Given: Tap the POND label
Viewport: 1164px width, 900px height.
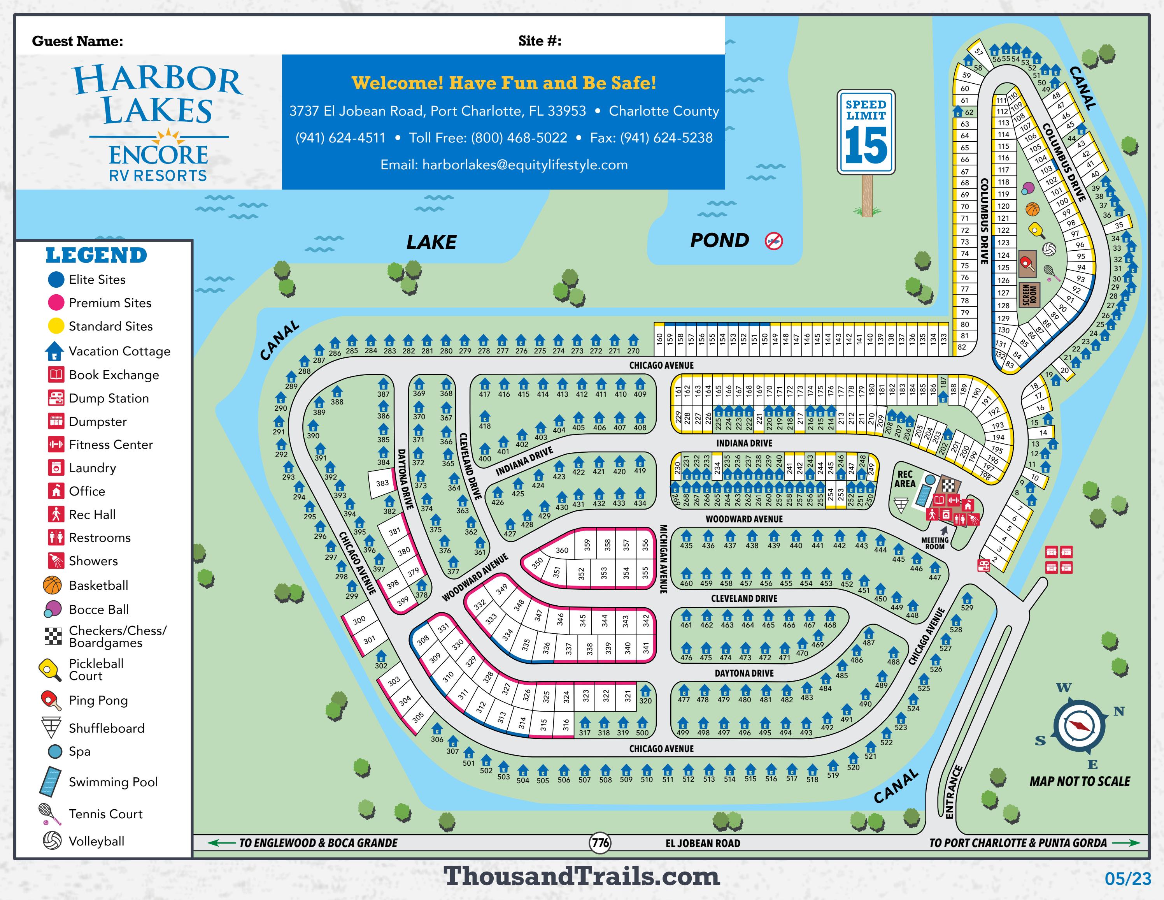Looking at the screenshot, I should tap(719, 241).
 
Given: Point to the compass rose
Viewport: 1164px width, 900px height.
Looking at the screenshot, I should tap(1079, 726).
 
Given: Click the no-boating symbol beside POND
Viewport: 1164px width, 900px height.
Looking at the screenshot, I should tap(773, 241).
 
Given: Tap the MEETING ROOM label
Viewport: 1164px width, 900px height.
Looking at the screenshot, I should tap(935, 543).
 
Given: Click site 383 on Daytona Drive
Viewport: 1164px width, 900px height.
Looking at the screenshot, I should tap(382, 483).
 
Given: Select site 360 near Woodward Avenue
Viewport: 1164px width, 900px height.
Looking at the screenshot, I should tap(562, 550).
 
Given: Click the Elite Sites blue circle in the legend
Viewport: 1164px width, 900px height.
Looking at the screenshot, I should tap(56, 279).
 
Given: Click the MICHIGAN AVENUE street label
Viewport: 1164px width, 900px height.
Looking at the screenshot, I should tap(664, 558).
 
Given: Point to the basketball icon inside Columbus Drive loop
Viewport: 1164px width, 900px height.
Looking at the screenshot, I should tap(1033, 209).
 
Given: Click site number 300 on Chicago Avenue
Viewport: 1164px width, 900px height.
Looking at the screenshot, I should tap(359, 620).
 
